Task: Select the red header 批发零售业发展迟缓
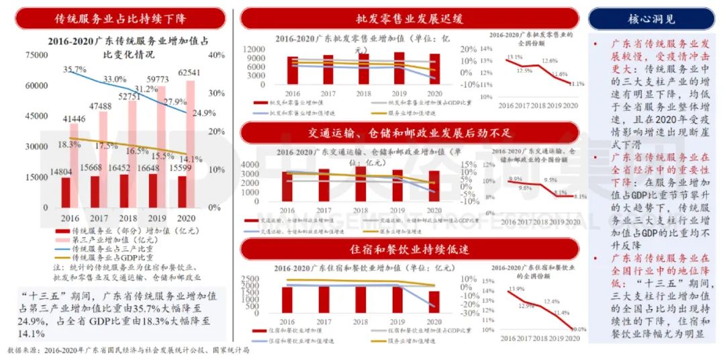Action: click(x=409, y=18)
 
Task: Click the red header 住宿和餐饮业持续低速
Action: click(x=409, y=249)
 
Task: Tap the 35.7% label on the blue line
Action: click(x=75, y=70)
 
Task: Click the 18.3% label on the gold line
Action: click(x=70, y=144)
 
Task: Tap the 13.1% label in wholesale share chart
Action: click(x=514, y=57)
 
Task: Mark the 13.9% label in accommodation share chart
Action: click(x=516, y=289)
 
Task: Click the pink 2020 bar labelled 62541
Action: click(x=190, y=144)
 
